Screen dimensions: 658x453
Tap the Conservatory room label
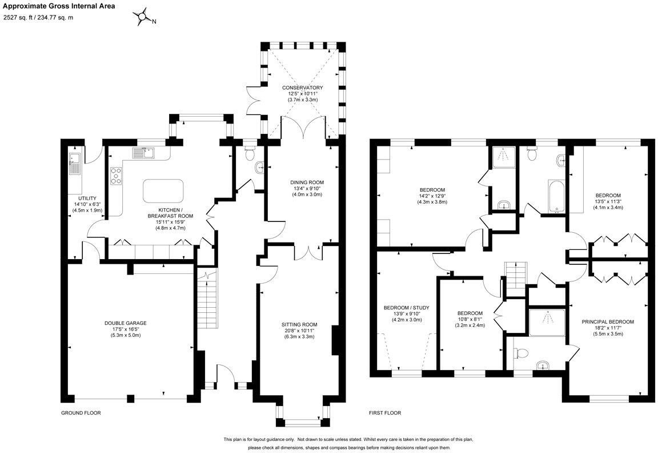click(x=302, y=88)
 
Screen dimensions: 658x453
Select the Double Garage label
click(x=126, y=323)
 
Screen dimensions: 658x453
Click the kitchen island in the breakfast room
click(x=163, y=191)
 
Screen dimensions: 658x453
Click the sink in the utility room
click(x=75, y=164)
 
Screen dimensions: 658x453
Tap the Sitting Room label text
click(x=299, y=324)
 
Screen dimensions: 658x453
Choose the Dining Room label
click(x=307, y=182)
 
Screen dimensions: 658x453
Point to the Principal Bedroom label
click(x=608, y=322)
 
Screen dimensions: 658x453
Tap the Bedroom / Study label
click(x=406, y=308)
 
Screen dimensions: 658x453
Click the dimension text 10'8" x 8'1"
click(x=470, y=319)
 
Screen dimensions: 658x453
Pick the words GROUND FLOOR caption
click(x=81, y=413)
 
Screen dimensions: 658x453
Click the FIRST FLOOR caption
click(x=384, y=413)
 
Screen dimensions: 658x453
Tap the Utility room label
click(x=87, y=198)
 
